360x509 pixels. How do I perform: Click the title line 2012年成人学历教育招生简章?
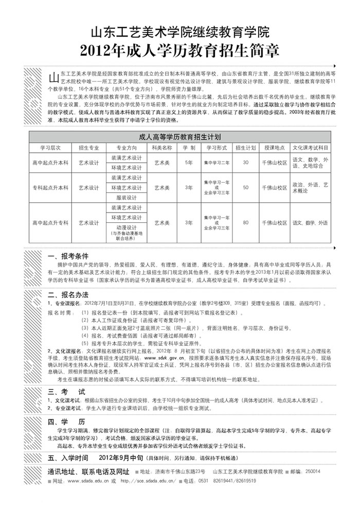tap(180, 50)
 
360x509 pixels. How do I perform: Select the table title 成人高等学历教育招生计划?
tap(180, 137)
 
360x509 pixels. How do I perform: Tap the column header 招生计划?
tap(245, 147)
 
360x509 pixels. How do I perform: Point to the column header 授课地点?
tap(275, 147)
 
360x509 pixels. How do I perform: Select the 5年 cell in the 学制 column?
tap(189, 162)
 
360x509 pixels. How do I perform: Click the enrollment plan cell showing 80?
tap(245, 223)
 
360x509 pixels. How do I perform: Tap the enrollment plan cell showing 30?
tap(245, 162)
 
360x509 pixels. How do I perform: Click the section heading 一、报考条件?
tap(68, 256)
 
